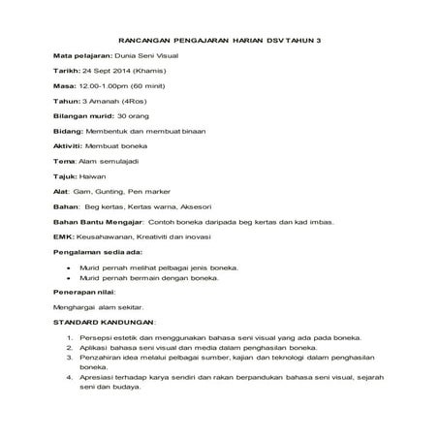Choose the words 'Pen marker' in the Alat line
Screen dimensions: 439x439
(x=142, y=217)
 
